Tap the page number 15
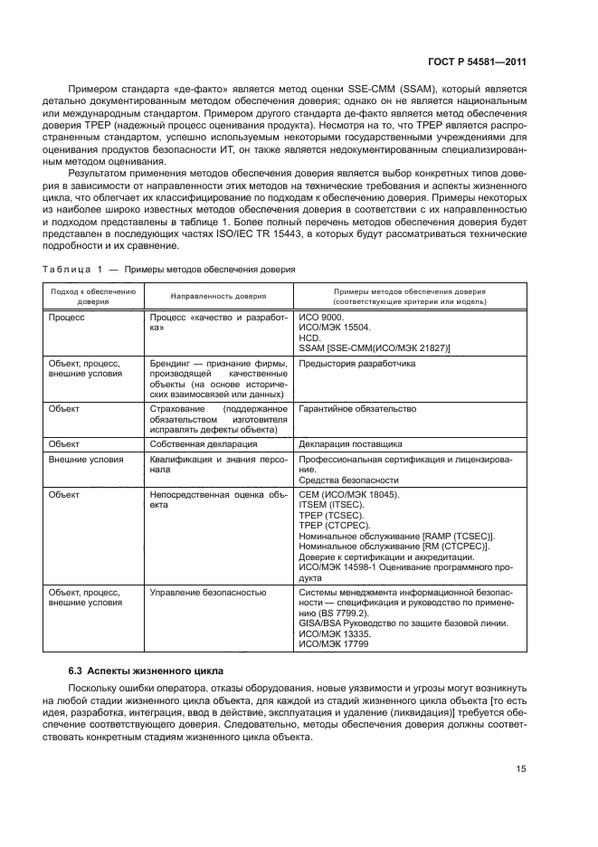pyautogui.click(x=521, y=768)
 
